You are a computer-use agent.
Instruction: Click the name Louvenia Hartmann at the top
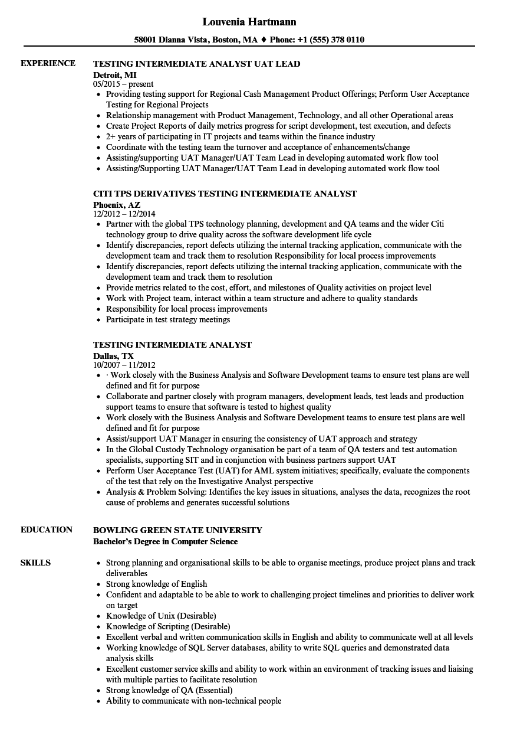(x=249, y=22)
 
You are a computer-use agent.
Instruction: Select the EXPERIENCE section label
(x=48, y=64)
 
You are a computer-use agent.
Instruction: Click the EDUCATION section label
(x=47, y=530)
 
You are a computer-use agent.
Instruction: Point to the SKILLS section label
(x=35, y=563)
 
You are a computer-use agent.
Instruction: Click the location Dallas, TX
(x=114, y=355)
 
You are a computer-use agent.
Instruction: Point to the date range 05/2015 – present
(x=123, y=84)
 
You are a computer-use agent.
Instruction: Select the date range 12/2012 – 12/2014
(x=124, y=214)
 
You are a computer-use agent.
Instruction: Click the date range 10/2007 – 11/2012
(x=124, y=365)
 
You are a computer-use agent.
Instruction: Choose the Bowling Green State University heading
(x=178, y=530)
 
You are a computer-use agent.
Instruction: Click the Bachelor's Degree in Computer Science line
(x=166, y=541)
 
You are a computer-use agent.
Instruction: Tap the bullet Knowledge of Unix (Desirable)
(x=161, y=616)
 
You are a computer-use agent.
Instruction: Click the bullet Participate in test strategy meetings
(x=168, y=319)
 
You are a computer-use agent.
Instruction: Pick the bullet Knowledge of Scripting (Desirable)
(x=168, y=626)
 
